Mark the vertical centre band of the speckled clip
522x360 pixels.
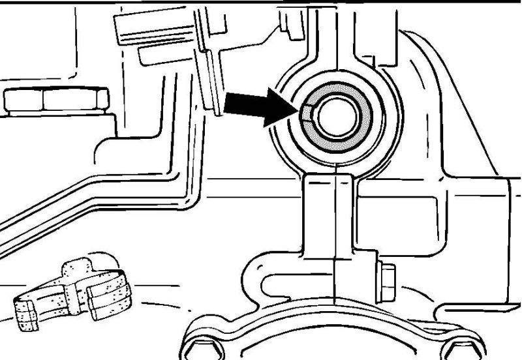75,293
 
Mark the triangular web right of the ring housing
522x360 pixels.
450,130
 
